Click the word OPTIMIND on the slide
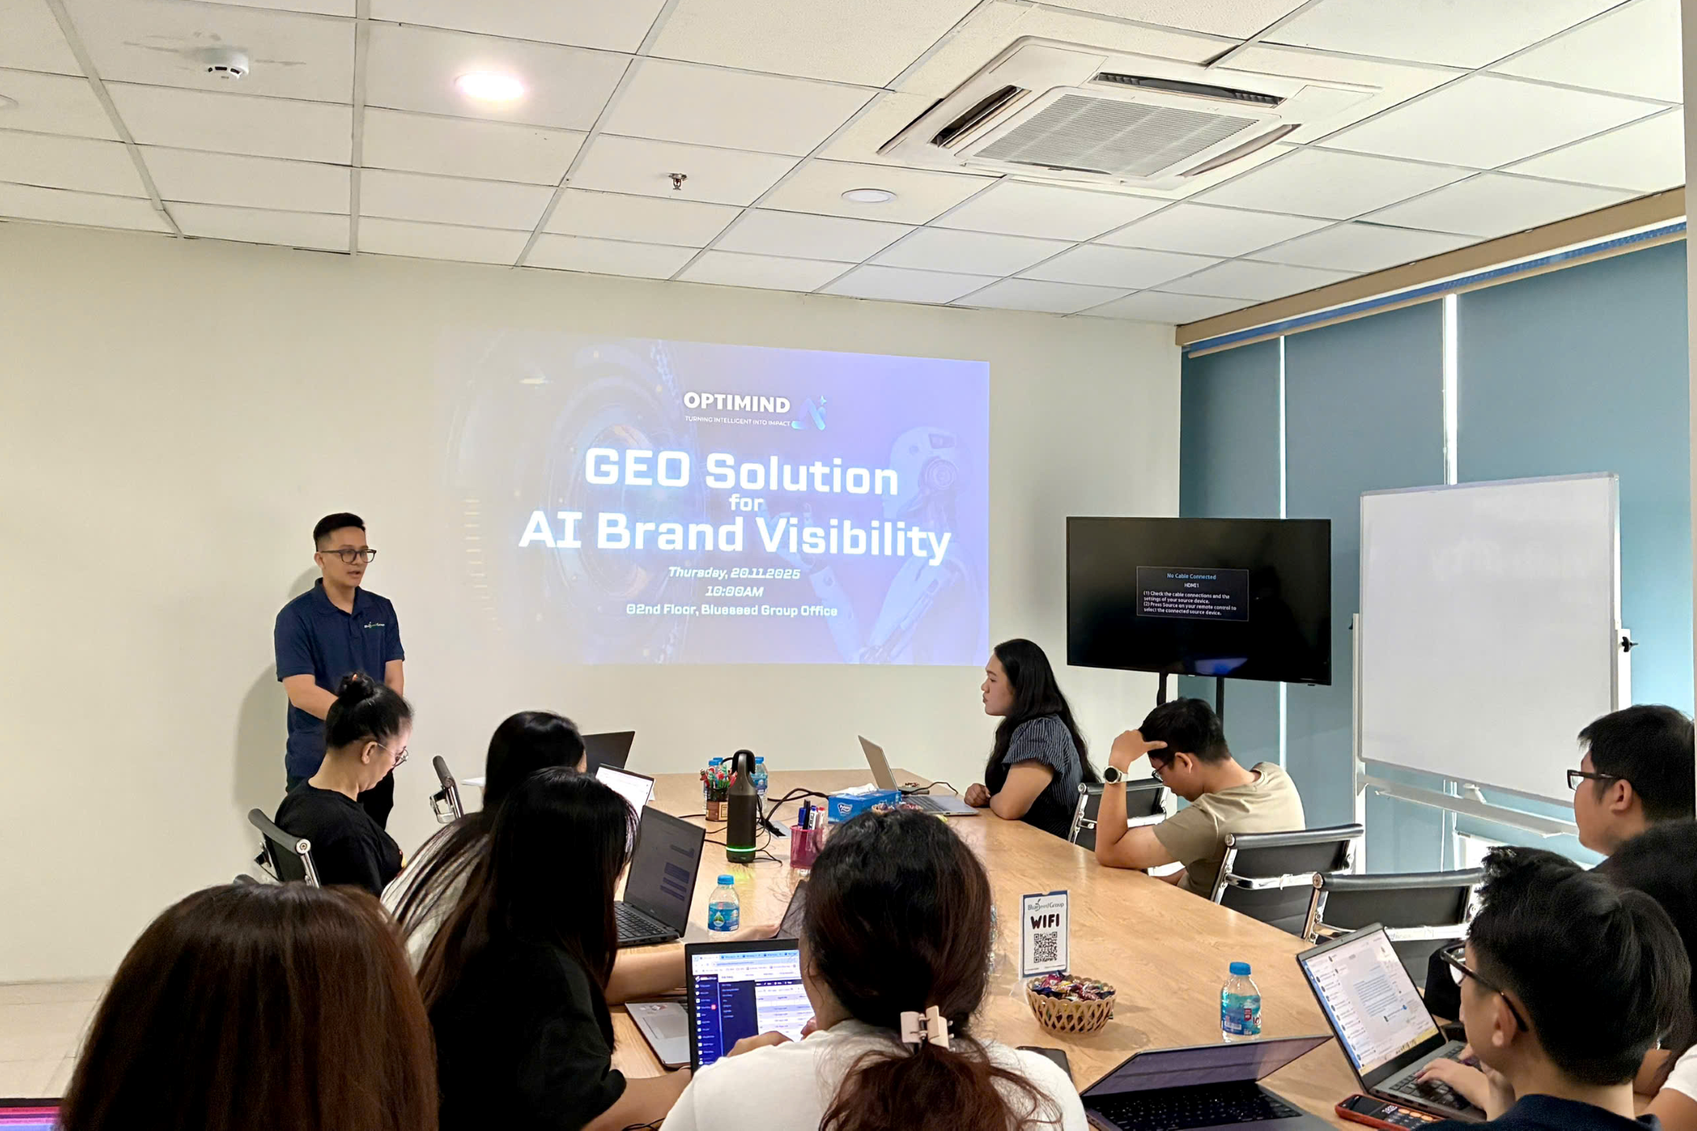tap(736, 403)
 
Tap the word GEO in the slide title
tap(636, 469)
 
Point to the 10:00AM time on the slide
tap(734, 591)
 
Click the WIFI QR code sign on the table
tap(1044, 933)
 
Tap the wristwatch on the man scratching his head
tap(1112, 775)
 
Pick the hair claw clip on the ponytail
tap(924, 1027)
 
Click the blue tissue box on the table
tap(854, 804)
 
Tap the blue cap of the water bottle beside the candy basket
tap(1240, 970)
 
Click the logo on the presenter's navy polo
tap(374, 626)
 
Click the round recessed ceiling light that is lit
tap(490, 85)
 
